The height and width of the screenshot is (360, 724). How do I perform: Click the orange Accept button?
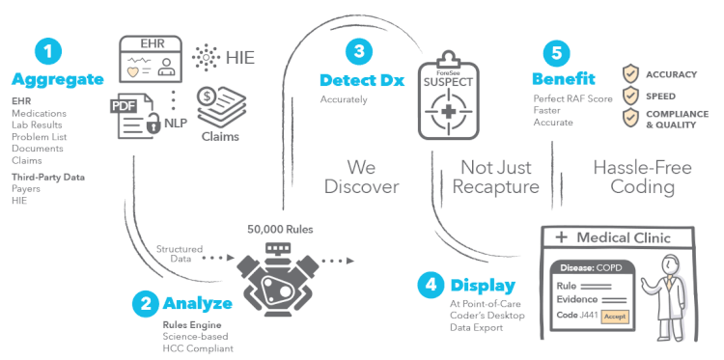coord(614,316)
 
